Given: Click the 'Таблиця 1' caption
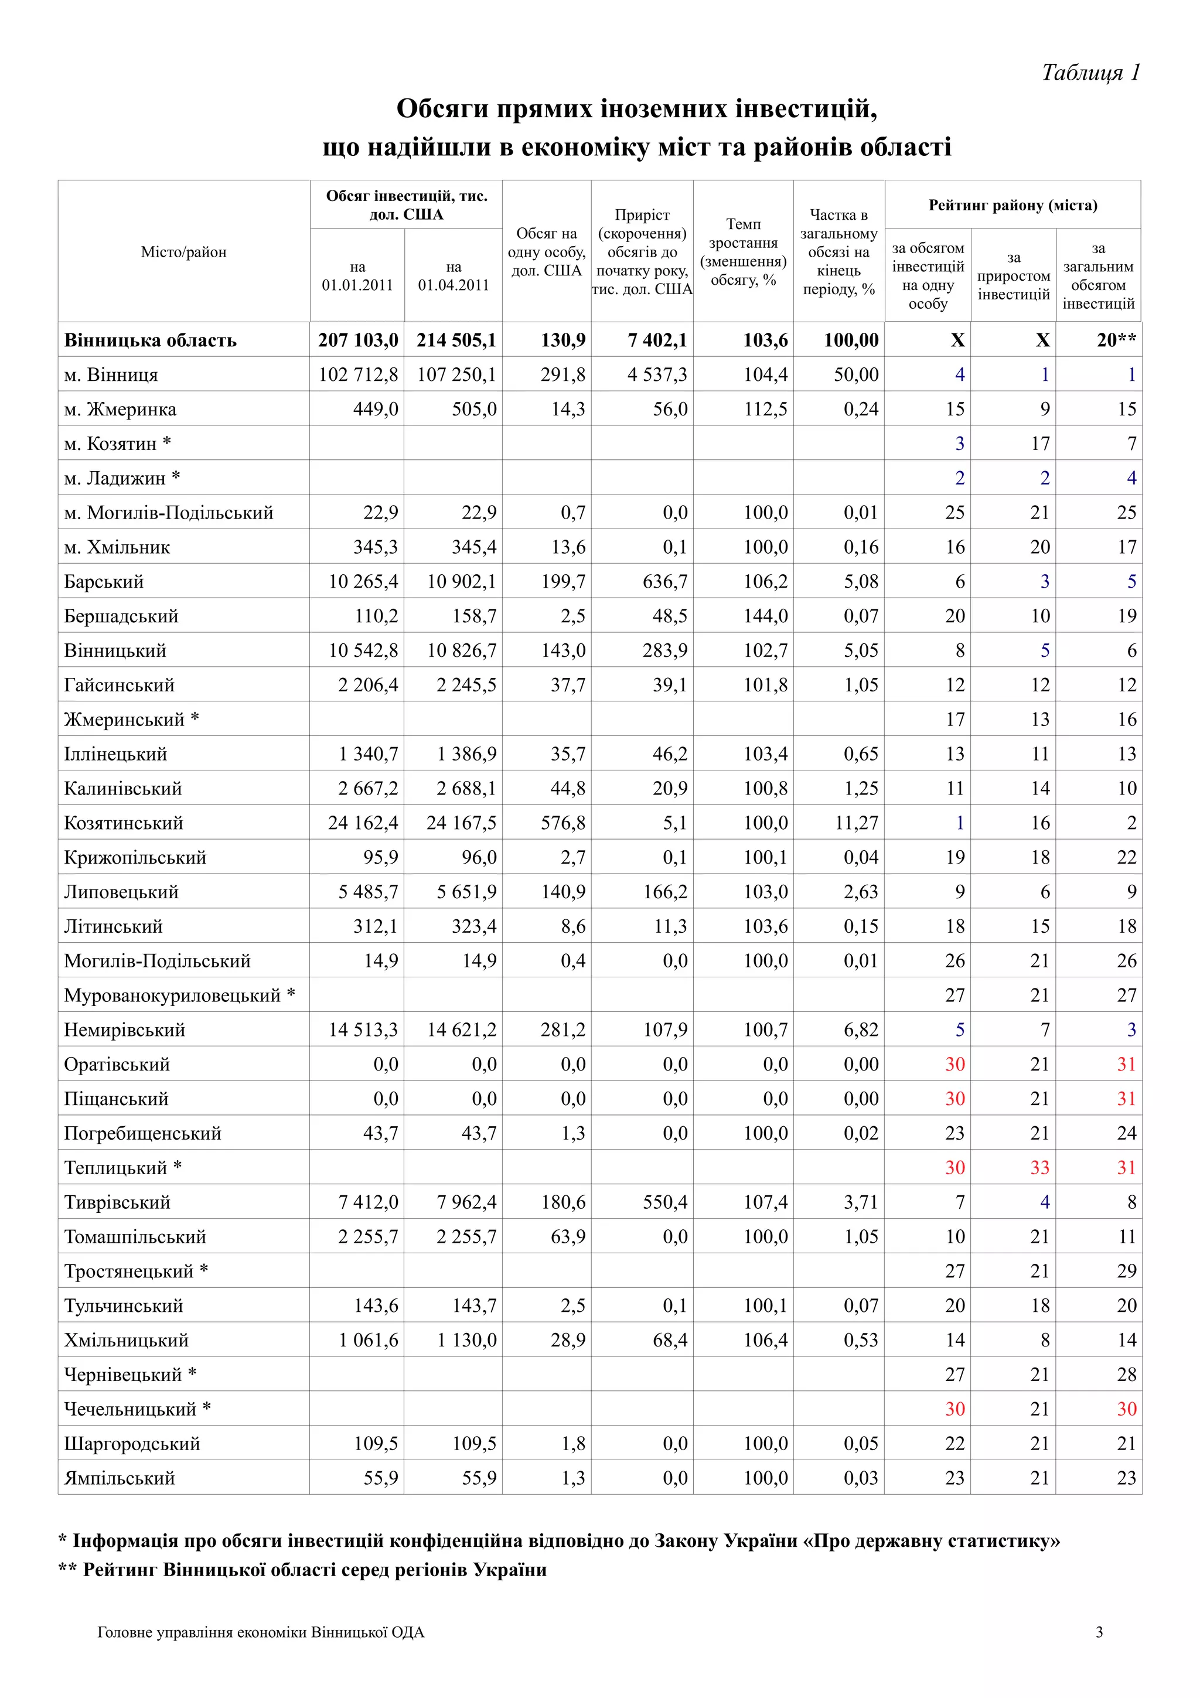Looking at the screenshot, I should tap(1090, 73).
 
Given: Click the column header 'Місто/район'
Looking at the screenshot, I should tap(183, 252).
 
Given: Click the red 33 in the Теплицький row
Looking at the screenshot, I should tap(1039, 1168).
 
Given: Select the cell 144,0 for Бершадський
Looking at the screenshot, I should tap(765, 616).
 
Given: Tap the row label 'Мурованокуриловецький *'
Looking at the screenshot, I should tap(179, 995).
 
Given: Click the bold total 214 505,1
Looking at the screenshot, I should tap(455, 340).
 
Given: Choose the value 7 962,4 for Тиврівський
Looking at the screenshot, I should tap(466, 1202).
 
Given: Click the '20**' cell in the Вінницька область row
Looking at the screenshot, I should tap(1116, 340).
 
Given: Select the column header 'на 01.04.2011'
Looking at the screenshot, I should tap(454, 276).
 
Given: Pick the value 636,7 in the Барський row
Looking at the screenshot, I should tap(664, 582).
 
